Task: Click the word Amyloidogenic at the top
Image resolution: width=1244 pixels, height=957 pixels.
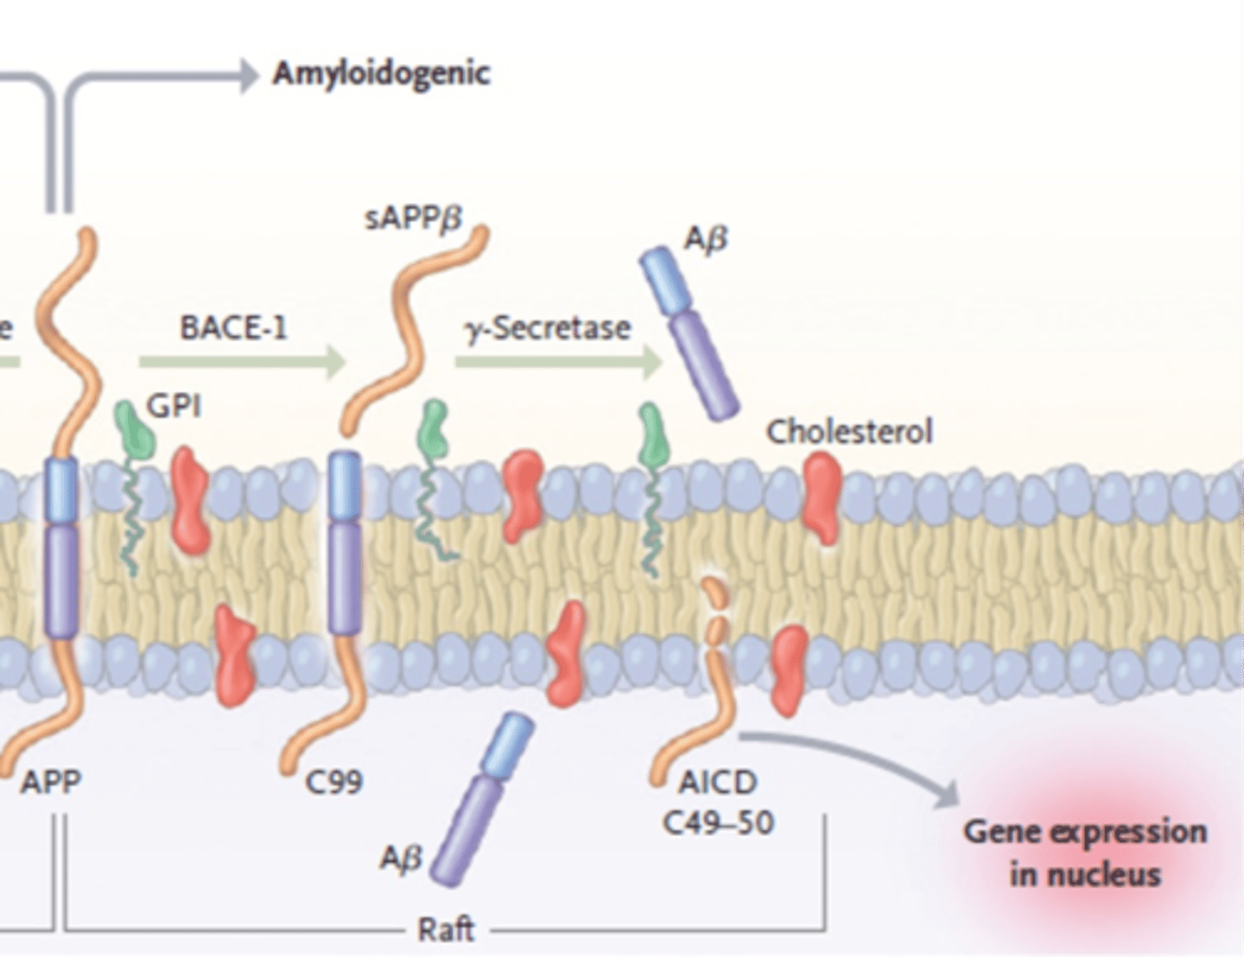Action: (381, 73)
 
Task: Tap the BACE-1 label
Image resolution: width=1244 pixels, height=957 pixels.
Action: (233, 328)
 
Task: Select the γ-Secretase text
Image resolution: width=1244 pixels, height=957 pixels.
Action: (548, 328)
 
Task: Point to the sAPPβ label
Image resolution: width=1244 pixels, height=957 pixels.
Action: (413, 219)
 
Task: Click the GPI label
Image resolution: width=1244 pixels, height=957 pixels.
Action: (174, 404)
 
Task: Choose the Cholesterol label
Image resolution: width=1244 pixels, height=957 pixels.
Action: (849, 431)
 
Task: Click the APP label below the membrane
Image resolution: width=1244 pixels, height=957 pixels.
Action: (51, 783)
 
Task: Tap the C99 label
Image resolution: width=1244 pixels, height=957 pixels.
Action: (333, 783)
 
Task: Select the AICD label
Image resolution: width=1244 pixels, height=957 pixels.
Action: (718, 783)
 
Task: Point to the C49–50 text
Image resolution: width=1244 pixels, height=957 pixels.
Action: (718, 823)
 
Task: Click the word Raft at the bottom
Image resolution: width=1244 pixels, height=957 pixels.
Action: (446, 929)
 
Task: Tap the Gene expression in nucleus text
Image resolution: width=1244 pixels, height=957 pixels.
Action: (1085, 852)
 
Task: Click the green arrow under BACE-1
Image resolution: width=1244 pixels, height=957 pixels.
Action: (242, 363)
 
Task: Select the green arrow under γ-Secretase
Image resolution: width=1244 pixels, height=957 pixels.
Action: (557, 363)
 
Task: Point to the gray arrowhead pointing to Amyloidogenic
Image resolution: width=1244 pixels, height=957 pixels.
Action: (249, 75)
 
